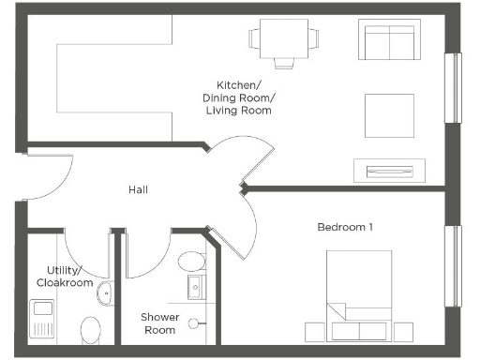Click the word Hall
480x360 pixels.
[x=138, y=190]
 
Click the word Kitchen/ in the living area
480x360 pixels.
[x=238, y=84]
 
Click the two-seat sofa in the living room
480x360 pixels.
[x=387, y=40]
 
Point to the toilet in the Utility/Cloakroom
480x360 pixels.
[x=91, y=329]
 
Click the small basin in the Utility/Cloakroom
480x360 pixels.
[x=106, y=292]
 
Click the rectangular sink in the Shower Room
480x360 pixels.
[x=195, y=287]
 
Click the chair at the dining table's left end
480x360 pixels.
[x=253, y=38]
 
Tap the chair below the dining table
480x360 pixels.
[x=285, y=63]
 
